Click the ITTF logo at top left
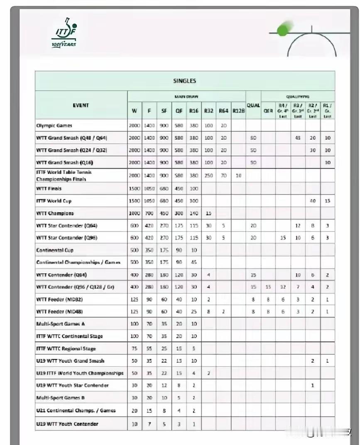point(64,33)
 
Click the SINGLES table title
point(184,81)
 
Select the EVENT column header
point(81,106)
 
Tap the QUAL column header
point(253,106)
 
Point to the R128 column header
point(238,111)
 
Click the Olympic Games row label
point(54,125)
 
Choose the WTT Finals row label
point(49,188)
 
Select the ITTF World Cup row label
point(54,201)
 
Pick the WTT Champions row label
point(55,213)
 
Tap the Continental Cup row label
point(55,250)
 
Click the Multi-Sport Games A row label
point(61,324)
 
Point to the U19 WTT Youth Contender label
point(67,424)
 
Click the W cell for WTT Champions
point(135,213)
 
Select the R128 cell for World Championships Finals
point(238,176)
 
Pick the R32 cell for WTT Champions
point(208,213)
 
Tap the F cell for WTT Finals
point(149,188)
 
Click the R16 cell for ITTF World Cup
point(193,201)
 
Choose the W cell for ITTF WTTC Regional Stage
point(135,349)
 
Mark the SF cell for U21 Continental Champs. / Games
point(164,411)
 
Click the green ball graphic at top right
point(284,29)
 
